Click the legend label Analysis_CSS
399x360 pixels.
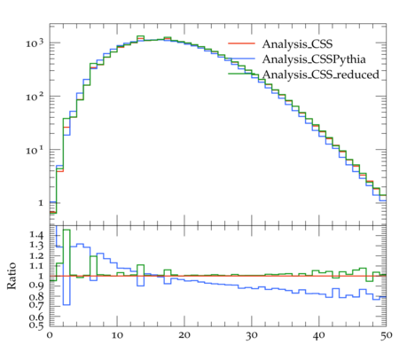coord(297,44)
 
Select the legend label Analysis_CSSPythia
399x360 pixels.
coord(314,59)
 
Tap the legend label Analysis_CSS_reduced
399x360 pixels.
coord(321,74)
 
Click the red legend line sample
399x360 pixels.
coord(241,43)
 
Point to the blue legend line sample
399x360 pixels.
coord(241,59)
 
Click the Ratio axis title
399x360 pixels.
coord(12,276)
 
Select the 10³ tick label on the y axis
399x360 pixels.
coord(35,43)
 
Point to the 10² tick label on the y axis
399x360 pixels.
coord(35,97)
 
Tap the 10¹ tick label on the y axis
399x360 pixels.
coord(35,150)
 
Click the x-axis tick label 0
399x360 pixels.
coord(50,335)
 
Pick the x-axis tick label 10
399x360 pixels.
coord(117,335)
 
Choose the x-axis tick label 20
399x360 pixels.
coord(184,335)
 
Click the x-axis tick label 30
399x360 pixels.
coord(252,336)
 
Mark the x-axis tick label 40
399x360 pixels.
coord(319,336)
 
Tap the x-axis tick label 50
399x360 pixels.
coord(386,336)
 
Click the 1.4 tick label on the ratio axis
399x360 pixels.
coord(36,235)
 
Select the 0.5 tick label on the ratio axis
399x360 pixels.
coord(36,325)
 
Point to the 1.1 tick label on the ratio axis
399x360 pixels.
coord(36,266)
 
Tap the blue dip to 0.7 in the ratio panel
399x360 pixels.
coord(66,304)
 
